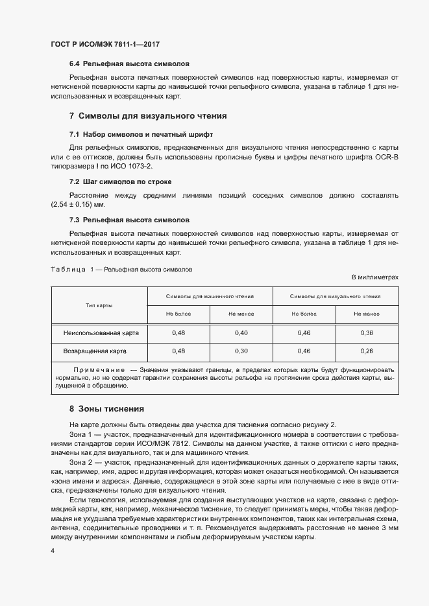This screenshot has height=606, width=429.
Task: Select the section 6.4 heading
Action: (x=129, y=65)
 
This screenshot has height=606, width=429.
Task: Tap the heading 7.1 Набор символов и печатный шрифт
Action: (x=141, y=134)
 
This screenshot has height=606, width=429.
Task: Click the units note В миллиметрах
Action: (x=374, y=277)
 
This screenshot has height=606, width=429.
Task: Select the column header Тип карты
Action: (x=99, y=305)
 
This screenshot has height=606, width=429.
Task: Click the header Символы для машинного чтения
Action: (x=210, y=296)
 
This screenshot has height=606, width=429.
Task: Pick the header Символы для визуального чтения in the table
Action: (x=335, y=296)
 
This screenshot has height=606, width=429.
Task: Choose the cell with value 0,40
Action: (x=241, y=332)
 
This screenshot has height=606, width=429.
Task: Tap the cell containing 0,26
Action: (x=366, y=351)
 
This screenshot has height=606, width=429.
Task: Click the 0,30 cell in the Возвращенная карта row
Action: (x=241, y=351)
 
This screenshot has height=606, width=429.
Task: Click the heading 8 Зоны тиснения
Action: (x=106, y=409)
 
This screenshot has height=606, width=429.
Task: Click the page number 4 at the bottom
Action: (x=52, y=551)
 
